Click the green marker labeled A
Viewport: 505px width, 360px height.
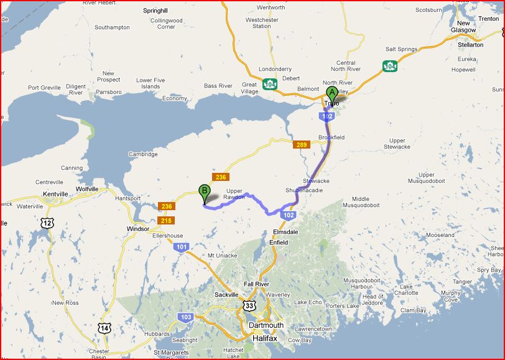point(331,93)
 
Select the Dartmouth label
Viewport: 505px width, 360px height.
point(266,325)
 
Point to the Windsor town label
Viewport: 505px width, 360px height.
point(138,228)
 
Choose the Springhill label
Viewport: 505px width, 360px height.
point(155,11)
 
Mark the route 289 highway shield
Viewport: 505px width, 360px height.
point(301,145)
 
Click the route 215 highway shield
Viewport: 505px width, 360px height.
point(166,220)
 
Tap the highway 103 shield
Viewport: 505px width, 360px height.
point(186,317)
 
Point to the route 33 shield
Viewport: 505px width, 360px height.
point(249,305)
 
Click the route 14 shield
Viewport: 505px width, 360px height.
point(104,328)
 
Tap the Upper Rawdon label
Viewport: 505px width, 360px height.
point(234,194)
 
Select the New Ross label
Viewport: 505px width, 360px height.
point(65,303)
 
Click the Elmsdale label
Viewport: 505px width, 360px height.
point(285,231)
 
